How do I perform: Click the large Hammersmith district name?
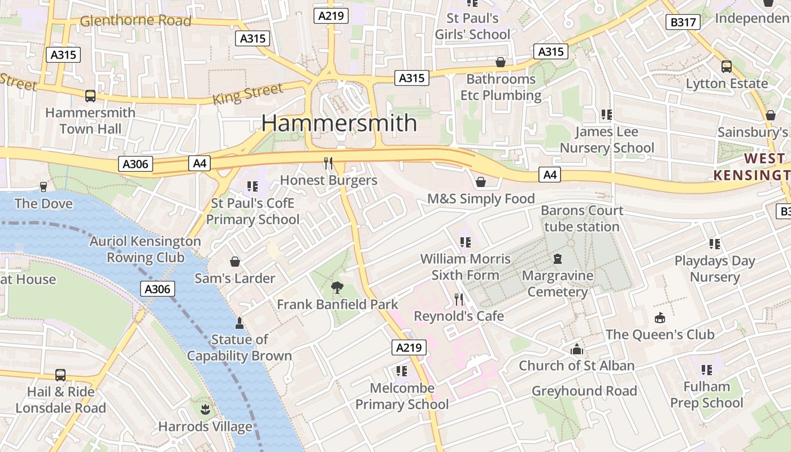click(x=339, y=123)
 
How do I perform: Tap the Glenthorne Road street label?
click(x=136, y=21)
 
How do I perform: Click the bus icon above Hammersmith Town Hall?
click(x=90, y=96)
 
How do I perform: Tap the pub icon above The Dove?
click(x=44, y=187)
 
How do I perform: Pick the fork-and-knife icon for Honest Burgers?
click(x=328, y=163)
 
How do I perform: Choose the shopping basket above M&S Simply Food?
click(x=481, y=182)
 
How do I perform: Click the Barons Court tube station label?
click(x=582, y=219)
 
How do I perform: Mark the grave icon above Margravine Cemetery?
click(x=558, y=259)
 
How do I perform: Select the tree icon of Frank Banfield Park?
click(x=337, y=287)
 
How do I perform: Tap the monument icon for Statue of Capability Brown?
click(x=239, y=323)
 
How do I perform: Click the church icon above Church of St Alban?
click(x=576, y=349)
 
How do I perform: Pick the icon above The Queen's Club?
click(x=659, y=318)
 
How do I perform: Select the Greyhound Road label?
click(x=584, y=391)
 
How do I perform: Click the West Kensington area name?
click(x=751, y=167)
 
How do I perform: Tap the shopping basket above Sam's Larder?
click(x=235, y=262)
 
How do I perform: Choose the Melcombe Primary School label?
click(x=402, y=396)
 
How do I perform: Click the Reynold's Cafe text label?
click(x=459, y=316)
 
